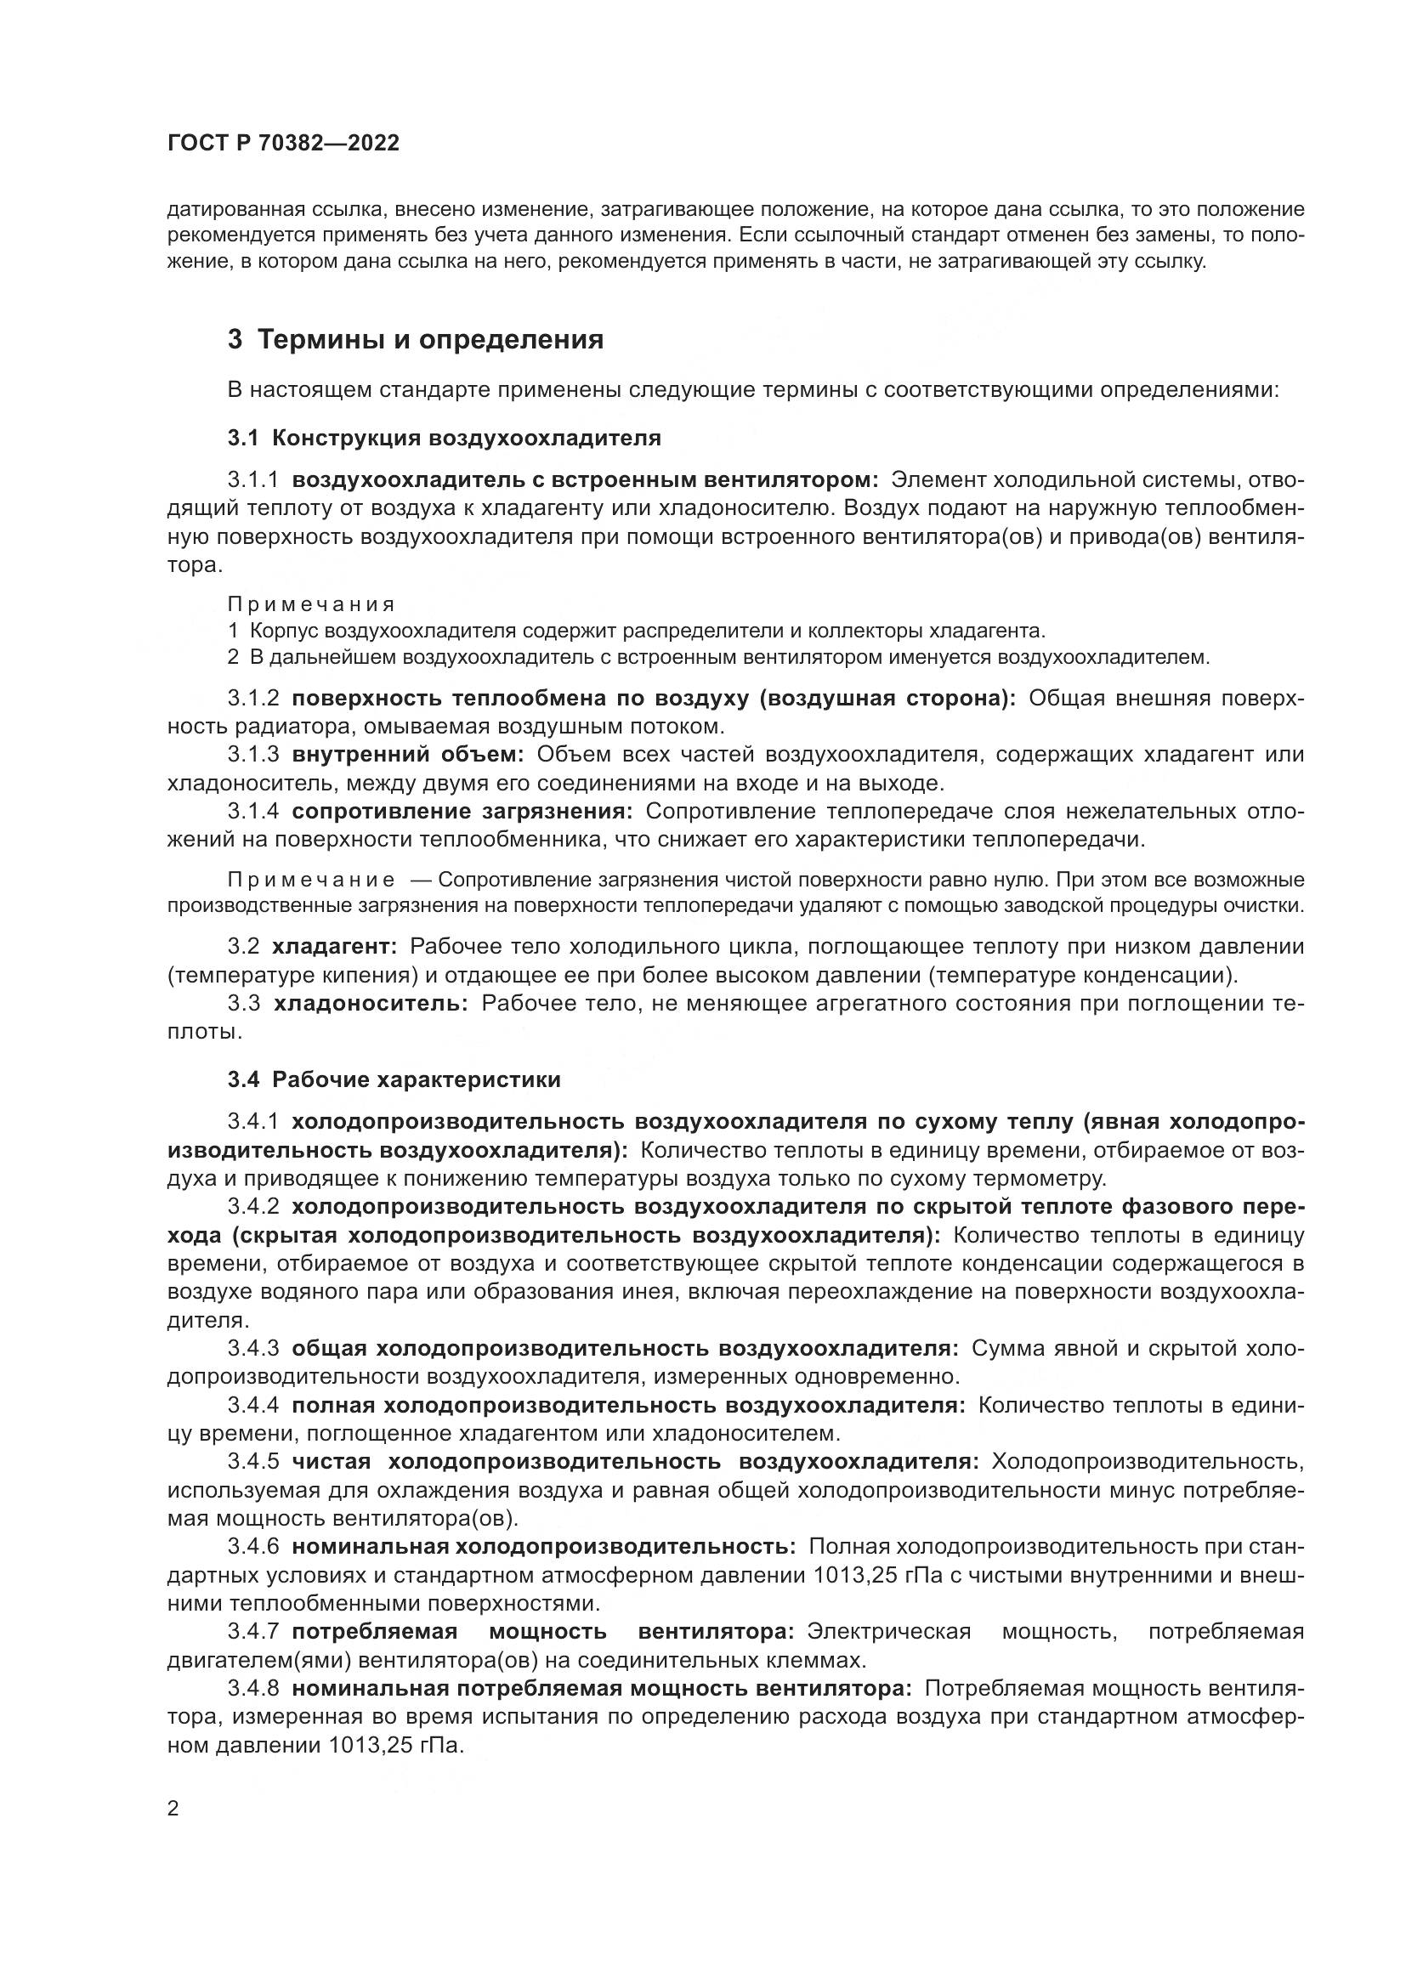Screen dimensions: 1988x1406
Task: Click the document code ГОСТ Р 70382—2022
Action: (x=283, y=144)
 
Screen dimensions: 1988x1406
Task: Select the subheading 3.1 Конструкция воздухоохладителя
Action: (x=444, y=438)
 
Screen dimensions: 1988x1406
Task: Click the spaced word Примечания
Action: (x=311, y=604)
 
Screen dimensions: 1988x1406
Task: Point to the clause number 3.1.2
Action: (x=253, y=699)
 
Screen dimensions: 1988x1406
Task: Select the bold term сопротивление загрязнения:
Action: (x=462, y=812)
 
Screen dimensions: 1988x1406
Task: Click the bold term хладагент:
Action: (x=334, y=946)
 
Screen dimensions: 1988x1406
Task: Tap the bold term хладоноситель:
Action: (x=371, y=1004)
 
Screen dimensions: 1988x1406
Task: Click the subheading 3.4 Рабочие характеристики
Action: (x=394, y=1079)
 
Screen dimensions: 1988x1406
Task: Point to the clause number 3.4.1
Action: (x=253, y=1122)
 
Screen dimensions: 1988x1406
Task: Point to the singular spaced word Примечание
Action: (x=311, y=881)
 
